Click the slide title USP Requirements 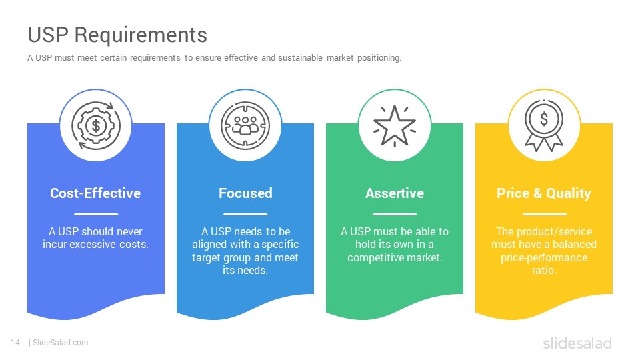click(117, 35)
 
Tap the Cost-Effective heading click(95, 193)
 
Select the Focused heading click(245, 193)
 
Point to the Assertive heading click(395, 193)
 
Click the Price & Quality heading click(544, 193)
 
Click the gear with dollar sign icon click(96, 125)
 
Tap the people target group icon click(245, 125)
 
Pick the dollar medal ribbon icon click(544, 125)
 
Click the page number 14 click(15, 343)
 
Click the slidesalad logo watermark click(577, 343)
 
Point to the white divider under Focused click(245, 214)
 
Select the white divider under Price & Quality click(545, 214)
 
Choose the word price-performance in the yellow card click(544, 258)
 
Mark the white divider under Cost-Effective click(96, 214)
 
